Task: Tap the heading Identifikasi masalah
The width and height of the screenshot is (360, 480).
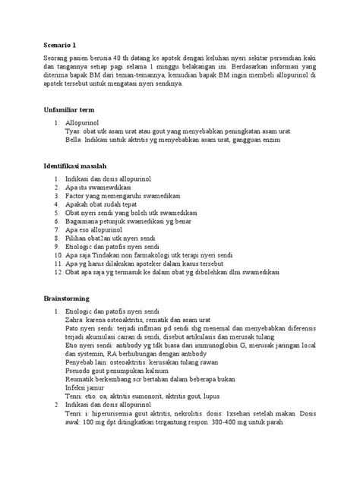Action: coord(74,166)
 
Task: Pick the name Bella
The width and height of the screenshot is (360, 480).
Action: coord(74,140)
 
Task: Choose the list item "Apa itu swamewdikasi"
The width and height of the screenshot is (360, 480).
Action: coord(99,186)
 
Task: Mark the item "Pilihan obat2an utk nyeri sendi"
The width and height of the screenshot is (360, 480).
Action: coord(110,238)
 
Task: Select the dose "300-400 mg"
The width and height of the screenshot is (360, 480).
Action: coord(230,422)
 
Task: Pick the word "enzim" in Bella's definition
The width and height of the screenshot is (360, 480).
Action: coord(283,140)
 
